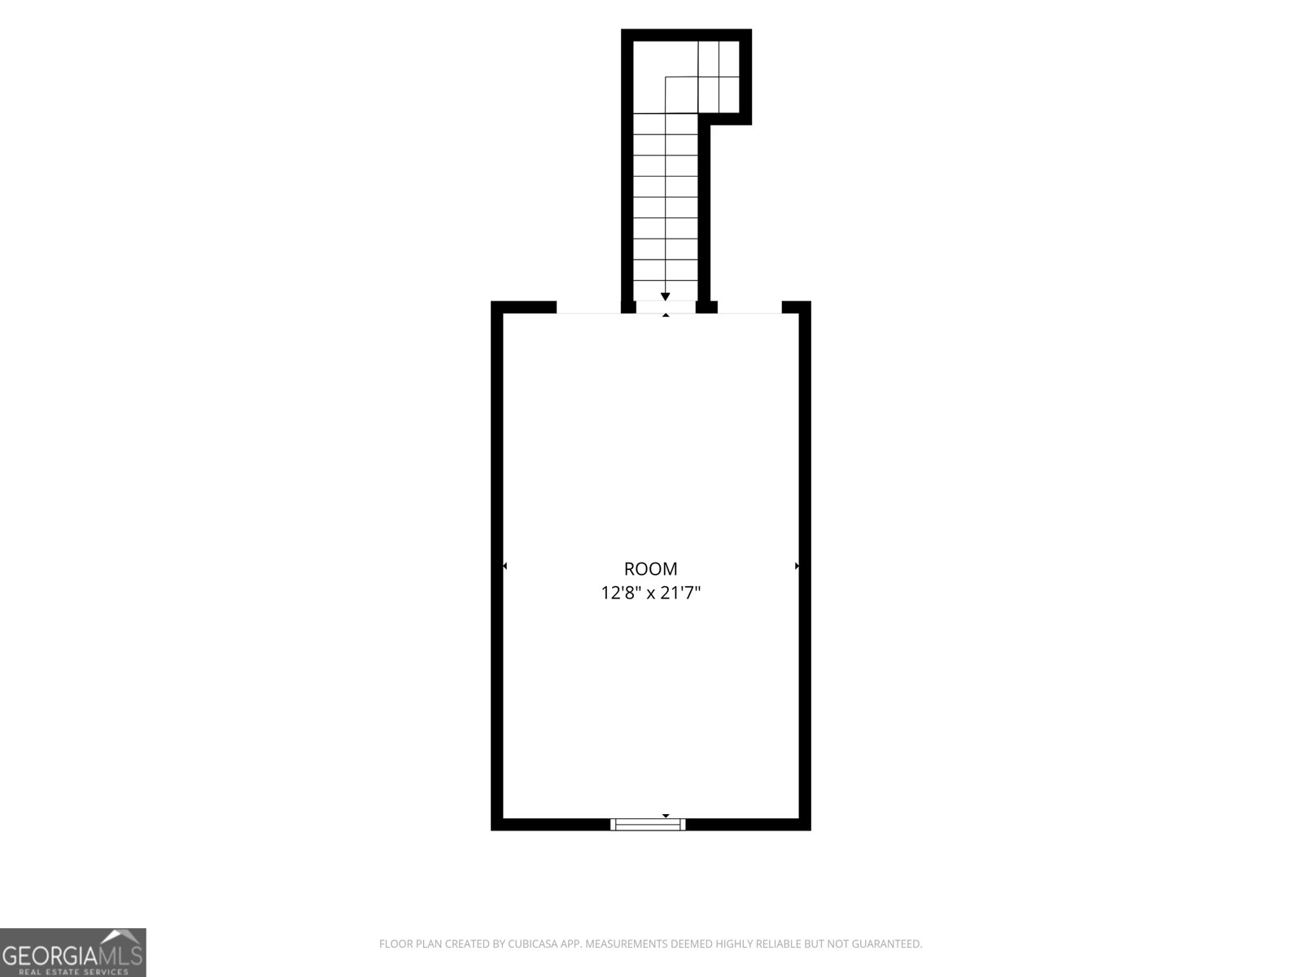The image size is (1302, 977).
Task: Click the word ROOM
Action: pyautogui.click(x=650, y=569)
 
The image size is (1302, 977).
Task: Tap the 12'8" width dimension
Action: pyautogui.click(x=621, y=593)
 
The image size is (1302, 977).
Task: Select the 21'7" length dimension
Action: pyautogui.click(x=682, y=593)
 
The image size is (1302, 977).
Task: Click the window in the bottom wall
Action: pyautogui.click(x=648, y=824)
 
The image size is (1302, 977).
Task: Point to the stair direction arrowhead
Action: pyautogui.click(x=666, y=296)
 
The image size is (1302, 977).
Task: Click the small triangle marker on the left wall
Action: pyautogui.click(x=505, y=566)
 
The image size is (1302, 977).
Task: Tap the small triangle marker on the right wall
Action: pyautogui.click(x=797, y=566)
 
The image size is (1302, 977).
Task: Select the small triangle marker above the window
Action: pyautogui.click(x=666, y=817)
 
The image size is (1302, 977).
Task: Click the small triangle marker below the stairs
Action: pyautogui.click(x=666, y=315)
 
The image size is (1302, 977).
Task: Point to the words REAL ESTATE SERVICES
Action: pyautogui.click(x=73, y=971)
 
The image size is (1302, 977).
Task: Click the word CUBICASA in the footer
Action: pyautogui.click(x=532, y=944)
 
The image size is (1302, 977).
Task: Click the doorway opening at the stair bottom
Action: pyautogui.click(x=666, y=307)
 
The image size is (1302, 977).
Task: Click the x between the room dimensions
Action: pyautogui.click(x=651, y=594)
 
